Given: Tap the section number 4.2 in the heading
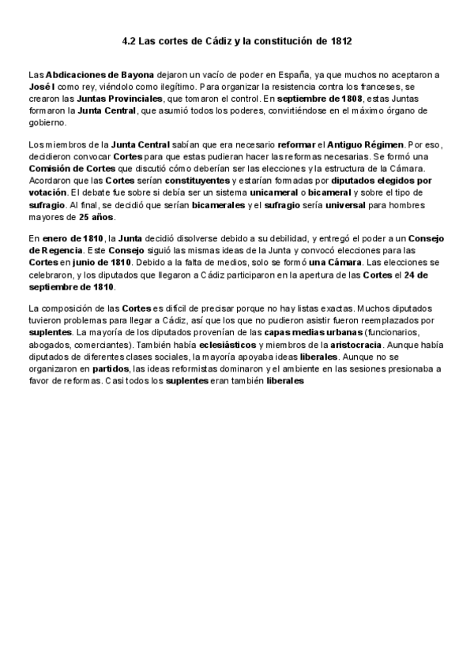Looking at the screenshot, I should tap(130, 39).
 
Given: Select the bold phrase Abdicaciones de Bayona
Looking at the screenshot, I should tap(100, 74).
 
